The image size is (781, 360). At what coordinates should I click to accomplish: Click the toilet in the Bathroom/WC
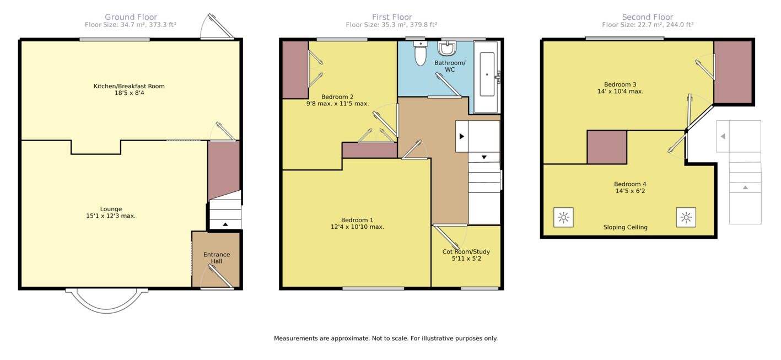(421, 53)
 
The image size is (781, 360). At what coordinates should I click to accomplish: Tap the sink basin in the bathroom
(447, 49)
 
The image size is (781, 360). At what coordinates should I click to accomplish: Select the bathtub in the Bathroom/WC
(487, 77)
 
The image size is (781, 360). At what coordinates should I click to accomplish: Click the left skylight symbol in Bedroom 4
(563, 217)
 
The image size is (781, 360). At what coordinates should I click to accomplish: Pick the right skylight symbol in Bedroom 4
(686, 217)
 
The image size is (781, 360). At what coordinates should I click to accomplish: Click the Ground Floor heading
(131, 17)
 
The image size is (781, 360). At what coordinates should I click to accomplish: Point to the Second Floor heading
(648, 17)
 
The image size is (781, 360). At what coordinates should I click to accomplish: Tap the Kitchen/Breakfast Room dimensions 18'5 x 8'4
(130, 93)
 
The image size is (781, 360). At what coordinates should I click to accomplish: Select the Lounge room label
(111, 209)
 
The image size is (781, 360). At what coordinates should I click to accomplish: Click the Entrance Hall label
(217, 258)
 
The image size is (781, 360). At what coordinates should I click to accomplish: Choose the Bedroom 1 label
(357, 220)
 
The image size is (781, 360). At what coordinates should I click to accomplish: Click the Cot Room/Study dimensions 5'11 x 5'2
(466, 259)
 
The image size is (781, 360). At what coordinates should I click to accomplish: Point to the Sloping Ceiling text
(626, 228)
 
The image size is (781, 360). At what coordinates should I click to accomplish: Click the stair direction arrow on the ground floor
(225, 224)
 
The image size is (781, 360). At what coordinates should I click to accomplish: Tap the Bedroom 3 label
(620, 84)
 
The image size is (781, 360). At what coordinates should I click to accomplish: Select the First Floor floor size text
(391, 25)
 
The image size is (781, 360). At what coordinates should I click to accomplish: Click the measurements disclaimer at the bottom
(386, 338)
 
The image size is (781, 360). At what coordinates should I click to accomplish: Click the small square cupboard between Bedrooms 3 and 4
(607, 147)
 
